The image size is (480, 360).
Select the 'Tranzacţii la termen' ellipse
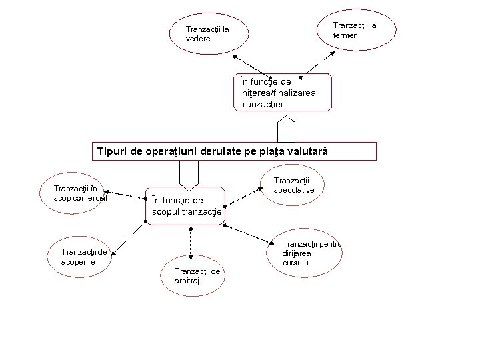356,29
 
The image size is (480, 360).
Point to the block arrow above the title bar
287,128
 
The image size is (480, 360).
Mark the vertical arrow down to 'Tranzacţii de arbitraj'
191,243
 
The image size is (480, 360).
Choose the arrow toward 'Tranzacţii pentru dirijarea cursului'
249,235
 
